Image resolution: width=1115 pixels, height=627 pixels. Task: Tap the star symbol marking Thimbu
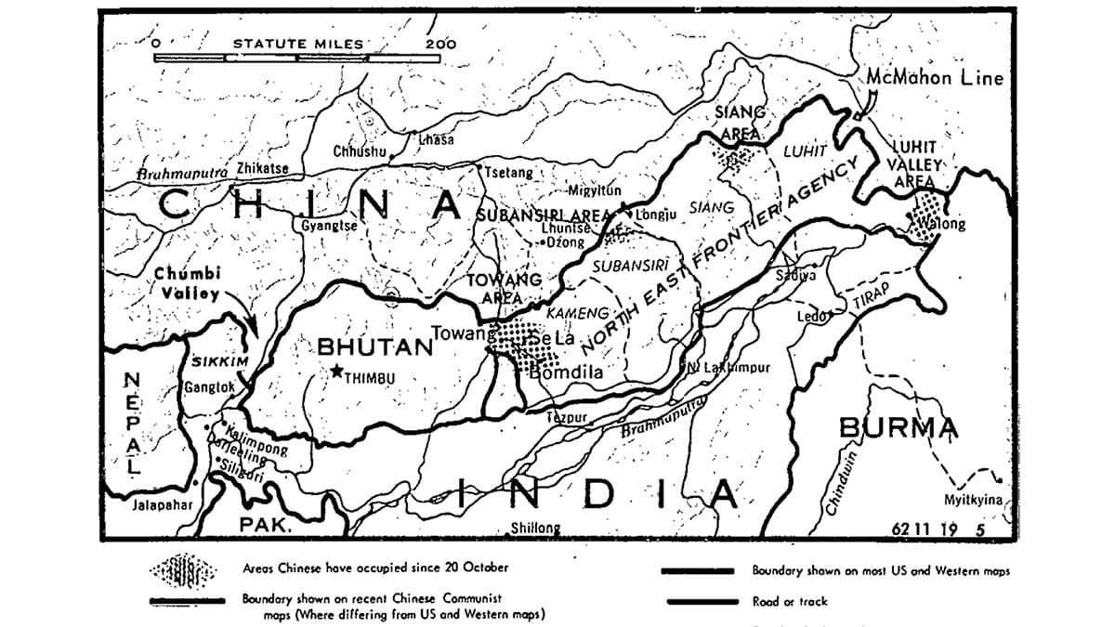[336, 372]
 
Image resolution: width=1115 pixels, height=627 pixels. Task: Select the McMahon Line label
[935, 78]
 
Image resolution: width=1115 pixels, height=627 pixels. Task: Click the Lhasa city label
[436, 139]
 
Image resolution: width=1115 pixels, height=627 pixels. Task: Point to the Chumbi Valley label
[187, 283]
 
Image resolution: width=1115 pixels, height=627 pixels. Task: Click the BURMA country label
[898, 428]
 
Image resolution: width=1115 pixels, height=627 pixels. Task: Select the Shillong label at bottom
[536, 529]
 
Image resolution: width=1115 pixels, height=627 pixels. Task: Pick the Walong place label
[944, 224]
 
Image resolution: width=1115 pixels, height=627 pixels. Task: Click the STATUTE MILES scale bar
[297, 58]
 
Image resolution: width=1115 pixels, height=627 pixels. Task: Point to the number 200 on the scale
[440, 43]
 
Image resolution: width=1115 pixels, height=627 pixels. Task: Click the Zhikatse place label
[262, 168]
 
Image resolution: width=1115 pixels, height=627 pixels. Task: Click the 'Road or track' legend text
[791, 601]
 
